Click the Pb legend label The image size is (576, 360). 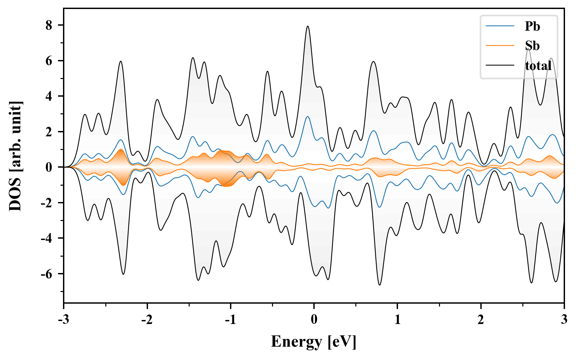532,26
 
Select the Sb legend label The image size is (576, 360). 532,46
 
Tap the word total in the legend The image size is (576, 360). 538,65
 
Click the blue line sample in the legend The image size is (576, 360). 500,26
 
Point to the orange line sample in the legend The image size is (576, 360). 500,46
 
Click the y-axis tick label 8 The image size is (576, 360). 49,25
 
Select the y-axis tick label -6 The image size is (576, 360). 46,274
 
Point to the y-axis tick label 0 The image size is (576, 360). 49,167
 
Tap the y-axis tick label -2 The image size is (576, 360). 46,203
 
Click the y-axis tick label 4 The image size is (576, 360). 49,96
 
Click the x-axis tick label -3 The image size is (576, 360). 64,319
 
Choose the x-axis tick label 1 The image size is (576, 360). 397,319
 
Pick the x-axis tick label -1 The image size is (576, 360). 230,319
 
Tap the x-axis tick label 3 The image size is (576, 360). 564,319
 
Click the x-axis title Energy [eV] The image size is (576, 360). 314,342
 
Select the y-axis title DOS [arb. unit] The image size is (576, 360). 15,156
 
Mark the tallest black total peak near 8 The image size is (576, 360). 308,26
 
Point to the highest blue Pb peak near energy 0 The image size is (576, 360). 307,117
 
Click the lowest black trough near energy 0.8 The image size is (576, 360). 379,285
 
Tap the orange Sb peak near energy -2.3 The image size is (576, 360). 121,150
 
